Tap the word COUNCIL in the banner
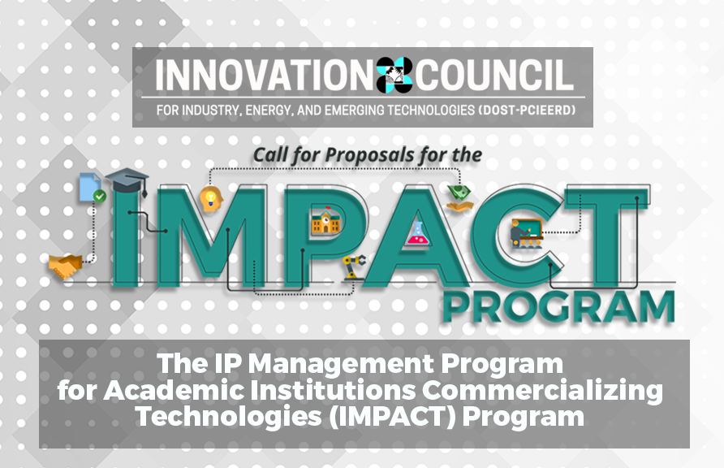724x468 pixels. (x=495, y=75)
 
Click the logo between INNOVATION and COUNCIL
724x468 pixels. (x=394, y=75)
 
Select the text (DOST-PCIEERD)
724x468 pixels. (x=528, y=110)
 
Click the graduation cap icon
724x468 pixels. (x=127, y=180)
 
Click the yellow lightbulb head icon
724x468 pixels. (x=211, y=199)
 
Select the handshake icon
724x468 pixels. (x=66, y=266)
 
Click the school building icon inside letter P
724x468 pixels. (x=326, y=221)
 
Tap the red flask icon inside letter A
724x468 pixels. (x=418, y=234)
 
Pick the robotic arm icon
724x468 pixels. (x=353, y=267)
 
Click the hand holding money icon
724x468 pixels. (x=459, y=198)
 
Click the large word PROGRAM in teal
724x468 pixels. (x=558, y=307)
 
